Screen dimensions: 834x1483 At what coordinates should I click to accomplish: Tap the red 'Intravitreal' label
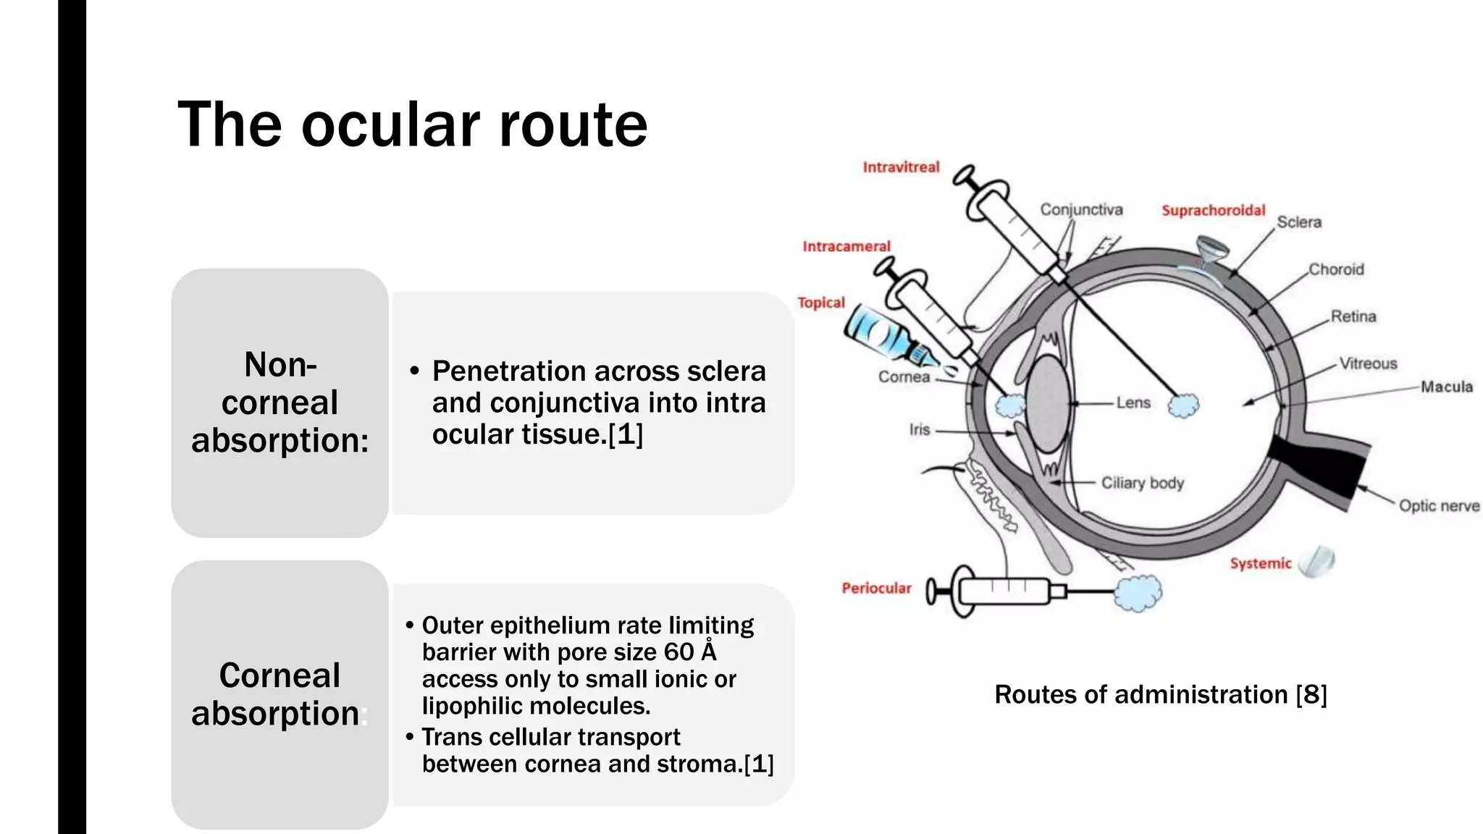[x=901, y=167]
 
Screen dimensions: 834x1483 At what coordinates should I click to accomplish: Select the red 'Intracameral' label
[x=846, y=246]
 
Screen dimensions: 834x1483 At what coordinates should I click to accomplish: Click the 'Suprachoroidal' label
[x=1213, y=210]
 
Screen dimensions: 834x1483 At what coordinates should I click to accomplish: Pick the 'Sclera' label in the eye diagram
[x=1298, y=222]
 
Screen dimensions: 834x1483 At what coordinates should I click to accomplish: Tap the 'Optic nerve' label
[x=1438, y=505]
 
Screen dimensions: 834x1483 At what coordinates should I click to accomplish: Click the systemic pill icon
[x=1317, y=561]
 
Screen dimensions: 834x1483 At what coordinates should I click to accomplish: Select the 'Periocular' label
[x=875, y=588]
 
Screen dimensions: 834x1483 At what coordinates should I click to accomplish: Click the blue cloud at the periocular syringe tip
[x=1138, y=592]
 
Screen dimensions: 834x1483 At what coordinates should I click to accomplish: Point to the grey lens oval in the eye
[x=1047, y=403]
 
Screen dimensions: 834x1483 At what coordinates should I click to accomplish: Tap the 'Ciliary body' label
[x=1142, y=483]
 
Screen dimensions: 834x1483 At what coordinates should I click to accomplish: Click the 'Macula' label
[x=1446, y=387]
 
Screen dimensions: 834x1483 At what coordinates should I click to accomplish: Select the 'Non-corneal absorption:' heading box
[x=280, y=403]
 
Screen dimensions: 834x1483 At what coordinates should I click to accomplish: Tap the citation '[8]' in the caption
[x=1311, y=694]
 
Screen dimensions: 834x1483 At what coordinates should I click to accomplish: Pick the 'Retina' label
[x=1353, y=316]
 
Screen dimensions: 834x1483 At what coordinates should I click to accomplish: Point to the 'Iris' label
[x=919, y=429]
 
